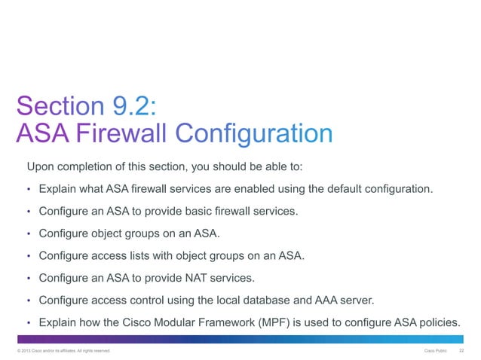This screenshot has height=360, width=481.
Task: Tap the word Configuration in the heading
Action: coord(254,135)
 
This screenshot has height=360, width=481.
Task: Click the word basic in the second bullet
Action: coord(195,211)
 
